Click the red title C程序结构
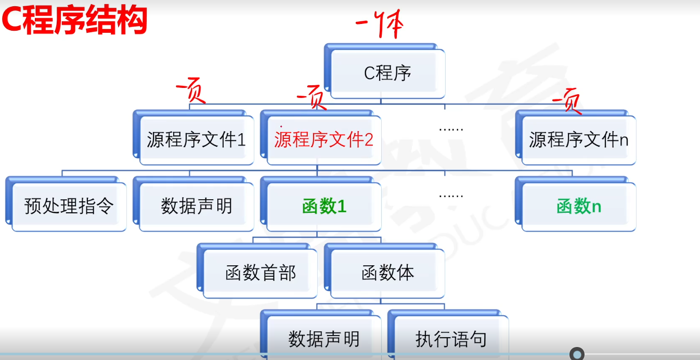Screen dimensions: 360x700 [74, 22]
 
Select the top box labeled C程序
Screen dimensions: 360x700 [387, 73]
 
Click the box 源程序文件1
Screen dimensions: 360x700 [196, 139]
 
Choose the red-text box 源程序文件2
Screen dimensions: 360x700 [323, 139]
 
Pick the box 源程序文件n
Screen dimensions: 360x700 [578, 139]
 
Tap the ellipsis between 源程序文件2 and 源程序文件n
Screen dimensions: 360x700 [450, 128]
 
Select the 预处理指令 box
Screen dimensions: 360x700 [69, 206]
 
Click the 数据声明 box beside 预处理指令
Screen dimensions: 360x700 [196, 206]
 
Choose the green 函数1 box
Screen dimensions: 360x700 [323, 207]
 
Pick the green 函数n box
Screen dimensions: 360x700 [578, 207]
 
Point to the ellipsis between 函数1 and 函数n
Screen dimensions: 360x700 [450, 196]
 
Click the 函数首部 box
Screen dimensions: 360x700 [260, 273]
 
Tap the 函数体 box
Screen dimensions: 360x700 [387, 273]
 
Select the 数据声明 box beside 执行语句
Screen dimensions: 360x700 [323, 338]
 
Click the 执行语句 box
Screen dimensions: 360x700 [451, 338]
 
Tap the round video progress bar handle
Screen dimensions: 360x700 [577, 354]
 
